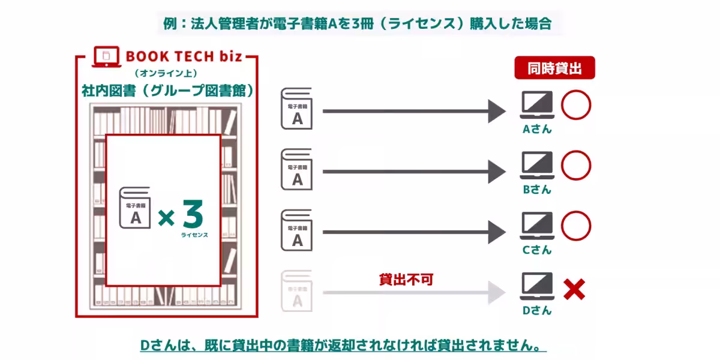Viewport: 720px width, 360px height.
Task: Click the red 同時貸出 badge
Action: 554,68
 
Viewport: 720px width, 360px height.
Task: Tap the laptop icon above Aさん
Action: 536,106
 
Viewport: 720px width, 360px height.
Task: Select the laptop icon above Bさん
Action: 536,166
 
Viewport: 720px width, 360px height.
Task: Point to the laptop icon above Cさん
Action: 536,226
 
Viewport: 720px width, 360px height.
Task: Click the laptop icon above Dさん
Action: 536,287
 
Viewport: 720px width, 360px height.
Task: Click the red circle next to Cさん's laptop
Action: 576,226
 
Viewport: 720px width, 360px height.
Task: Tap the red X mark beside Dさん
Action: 574,290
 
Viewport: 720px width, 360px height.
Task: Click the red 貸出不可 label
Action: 406,279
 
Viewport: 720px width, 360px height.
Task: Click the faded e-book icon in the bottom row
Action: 296,290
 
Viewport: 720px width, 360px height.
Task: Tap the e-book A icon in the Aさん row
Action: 296,109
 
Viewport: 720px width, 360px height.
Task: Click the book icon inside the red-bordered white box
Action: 135,208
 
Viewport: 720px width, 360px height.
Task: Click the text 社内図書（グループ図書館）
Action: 167,91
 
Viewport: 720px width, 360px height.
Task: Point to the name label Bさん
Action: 536,189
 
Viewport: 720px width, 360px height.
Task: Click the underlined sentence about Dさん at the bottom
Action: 343,346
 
